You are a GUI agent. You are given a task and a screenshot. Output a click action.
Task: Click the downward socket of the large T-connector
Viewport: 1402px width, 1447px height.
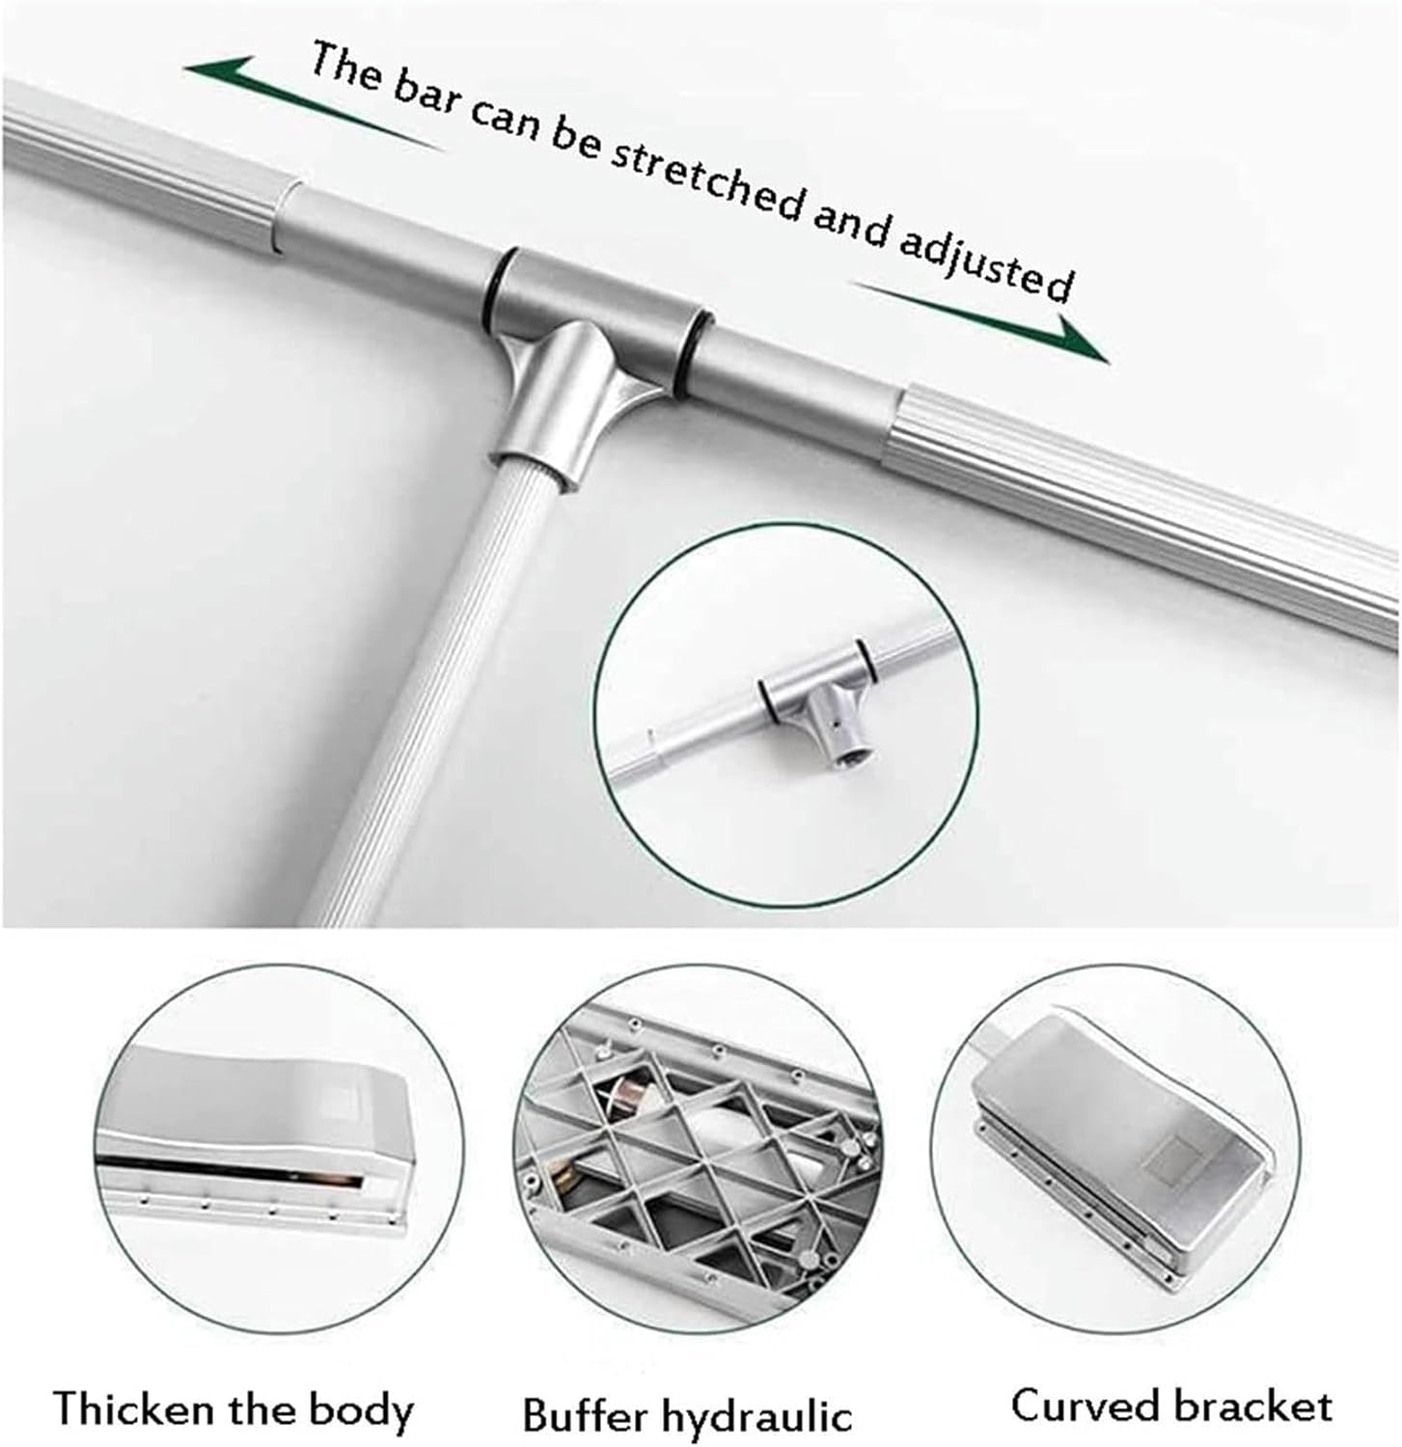pos(564,405)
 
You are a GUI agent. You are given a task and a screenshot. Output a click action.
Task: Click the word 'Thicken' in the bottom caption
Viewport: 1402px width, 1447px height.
pos(135,1408)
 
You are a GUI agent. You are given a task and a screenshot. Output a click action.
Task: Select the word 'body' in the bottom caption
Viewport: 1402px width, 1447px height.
pos(363,1410)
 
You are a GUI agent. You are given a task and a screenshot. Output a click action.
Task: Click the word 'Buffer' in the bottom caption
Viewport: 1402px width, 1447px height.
pos(584,1415)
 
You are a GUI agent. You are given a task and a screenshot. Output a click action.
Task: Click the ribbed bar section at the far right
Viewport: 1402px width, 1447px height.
pos(1158,511)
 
